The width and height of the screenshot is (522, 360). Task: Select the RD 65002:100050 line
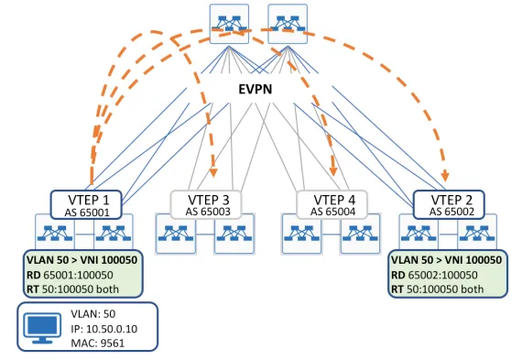[x=441, y=274]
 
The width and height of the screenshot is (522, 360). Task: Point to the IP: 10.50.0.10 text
[x=103, y=327]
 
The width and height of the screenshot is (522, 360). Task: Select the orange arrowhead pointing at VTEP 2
[x=447, y=177]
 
